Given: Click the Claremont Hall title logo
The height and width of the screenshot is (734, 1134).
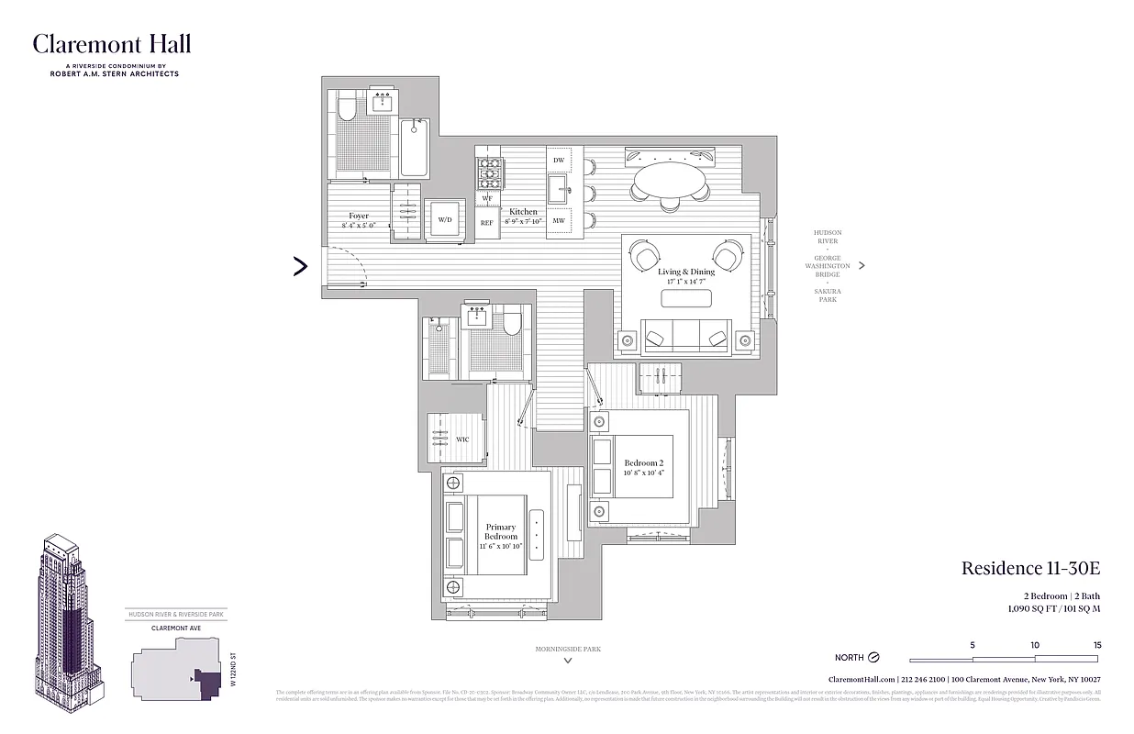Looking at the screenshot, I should (x=112, y=44).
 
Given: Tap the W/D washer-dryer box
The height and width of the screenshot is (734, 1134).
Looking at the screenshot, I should (x=445, y=220).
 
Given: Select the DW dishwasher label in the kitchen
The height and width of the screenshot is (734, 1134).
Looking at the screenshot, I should (x=559, y=161).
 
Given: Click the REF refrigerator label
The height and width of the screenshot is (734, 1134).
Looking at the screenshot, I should (x=486, y=222).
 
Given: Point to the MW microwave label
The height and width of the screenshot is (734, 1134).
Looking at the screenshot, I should (x=559, y=221).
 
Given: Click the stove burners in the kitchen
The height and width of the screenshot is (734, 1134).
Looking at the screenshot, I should (x=487, y=170).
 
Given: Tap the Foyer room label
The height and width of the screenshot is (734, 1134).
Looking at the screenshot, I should (x=359, y=217).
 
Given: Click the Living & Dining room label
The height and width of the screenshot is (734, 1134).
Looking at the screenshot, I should (x=685, y=272).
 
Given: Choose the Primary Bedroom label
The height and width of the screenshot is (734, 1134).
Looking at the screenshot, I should (x=501, y=532).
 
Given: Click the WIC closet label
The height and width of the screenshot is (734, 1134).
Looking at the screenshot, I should (x=462, y=439).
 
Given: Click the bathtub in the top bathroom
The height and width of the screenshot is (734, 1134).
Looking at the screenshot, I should (x=414, y=149).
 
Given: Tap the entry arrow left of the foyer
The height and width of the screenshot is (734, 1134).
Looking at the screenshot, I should (x=300, y=266).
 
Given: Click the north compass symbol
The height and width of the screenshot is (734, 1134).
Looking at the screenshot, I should (x=873, y=657).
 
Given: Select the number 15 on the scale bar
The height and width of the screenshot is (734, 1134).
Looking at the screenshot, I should (x=1096, y=645).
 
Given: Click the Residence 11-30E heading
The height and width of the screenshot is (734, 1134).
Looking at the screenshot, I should (x=1030, y=568).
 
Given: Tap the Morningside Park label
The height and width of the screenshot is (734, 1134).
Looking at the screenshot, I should (x=568, y=649).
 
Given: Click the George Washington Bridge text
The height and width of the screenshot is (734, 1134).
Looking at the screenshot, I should (x=827, y=266).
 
